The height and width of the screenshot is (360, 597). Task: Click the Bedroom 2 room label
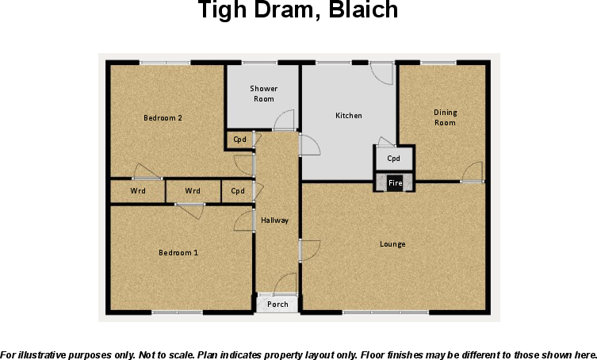[163, 118]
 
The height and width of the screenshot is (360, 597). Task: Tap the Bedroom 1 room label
[178, 252]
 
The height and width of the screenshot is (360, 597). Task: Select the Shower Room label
[263, 94]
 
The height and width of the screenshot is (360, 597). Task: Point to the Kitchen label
[348, 116]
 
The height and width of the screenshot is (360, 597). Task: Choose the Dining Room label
[445, 117]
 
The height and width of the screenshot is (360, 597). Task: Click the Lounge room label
[392, 244]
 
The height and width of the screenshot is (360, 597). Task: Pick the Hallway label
[275, 220]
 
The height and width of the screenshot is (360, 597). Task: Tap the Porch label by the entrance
[277, 304]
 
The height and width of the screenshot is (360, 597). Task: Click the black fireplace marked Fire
[394, 183]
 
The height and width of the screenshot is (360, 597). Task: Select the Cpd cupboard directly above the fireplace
[394, 159]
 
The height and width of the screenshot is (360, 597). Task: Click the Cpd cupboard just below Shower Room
[239, 140]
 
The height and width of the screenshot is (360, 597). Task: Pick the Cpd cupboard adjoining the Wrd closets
[237, 191]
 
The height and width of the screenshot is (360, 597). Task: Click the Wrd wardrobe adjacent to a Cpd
[193, 191]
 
